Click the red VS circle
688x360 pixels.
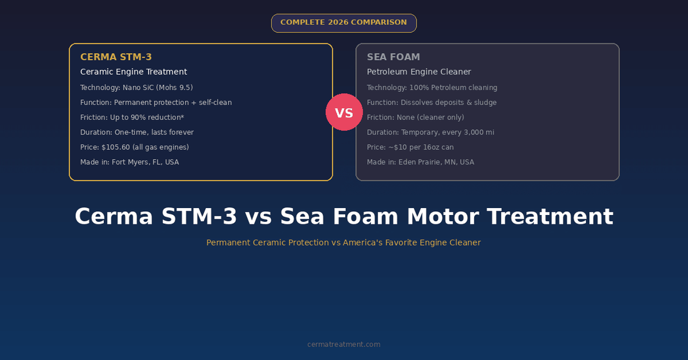344,112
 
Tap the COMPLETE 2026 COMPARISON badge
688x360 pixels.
343,22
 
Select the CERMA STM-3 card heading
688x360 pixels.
116,57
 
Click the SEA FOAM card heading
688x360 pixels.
393,57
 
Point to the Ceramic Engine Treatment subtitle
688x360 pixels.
133,72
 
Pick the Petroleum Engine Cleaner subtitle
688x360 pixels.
418,72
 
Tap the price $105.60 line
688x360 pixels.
134,147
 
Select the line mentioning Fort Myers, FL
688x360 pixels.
129,162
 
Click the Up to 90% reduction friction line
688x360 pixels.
131,117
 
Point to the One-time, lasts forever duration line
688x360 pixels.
136,132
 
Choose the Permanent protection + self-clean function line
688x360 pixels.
156,102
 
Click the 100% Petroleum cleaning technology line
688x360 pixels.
432,87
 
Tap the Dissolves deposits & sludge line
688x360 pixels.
432,102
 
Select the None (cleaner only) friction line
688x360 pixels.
415,117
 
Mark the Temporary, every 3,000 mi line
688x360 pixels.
430,132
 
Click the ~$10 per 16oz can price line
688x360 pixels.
410,147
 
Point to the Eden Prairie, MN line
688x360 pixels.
420,162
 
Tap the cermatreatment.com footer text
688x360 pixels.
343,344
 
